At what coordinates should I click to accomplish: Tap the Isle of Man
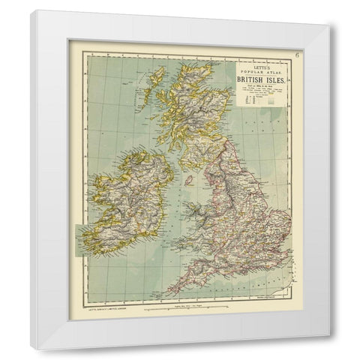190,181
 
